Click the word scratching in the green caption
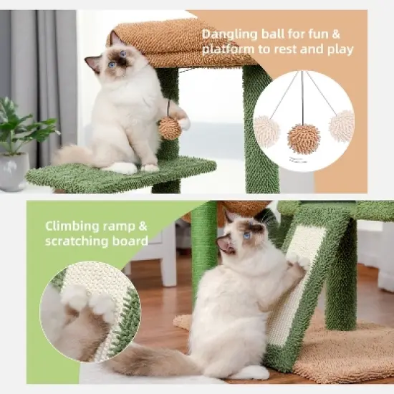point(79,241)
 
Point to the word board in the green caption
point(130,241)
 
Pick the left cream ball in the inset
point(266,132)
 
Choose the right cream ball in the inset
point(342,126)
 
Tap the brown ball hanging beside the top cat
point(170,128)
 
